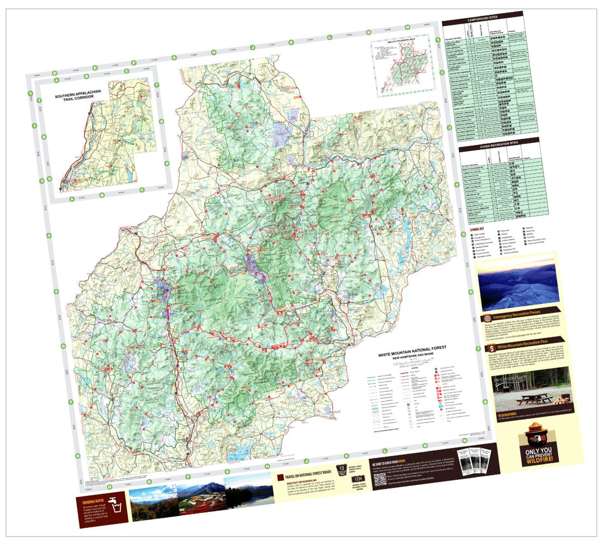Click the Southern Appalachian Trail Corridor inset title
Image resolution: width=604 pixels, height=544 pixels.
point(78,94)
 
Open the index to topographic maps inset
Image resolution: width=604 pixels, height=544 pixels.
point(403,68)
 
